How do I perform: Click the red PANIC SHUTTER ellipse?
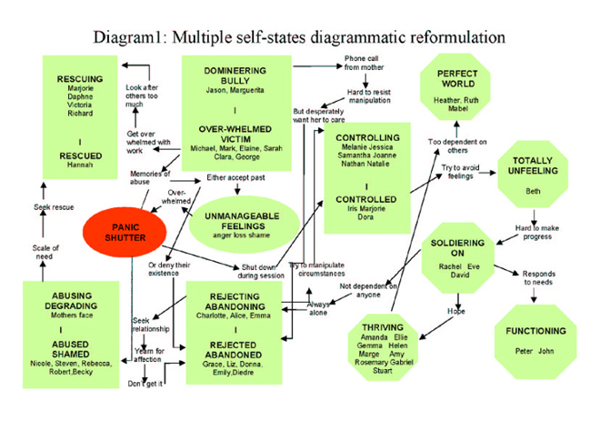click(x=124, y=233)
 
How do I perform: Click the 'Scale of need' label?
click(x=45, y=251)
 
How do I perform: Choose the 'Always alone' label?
click(x=318, y=309)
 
